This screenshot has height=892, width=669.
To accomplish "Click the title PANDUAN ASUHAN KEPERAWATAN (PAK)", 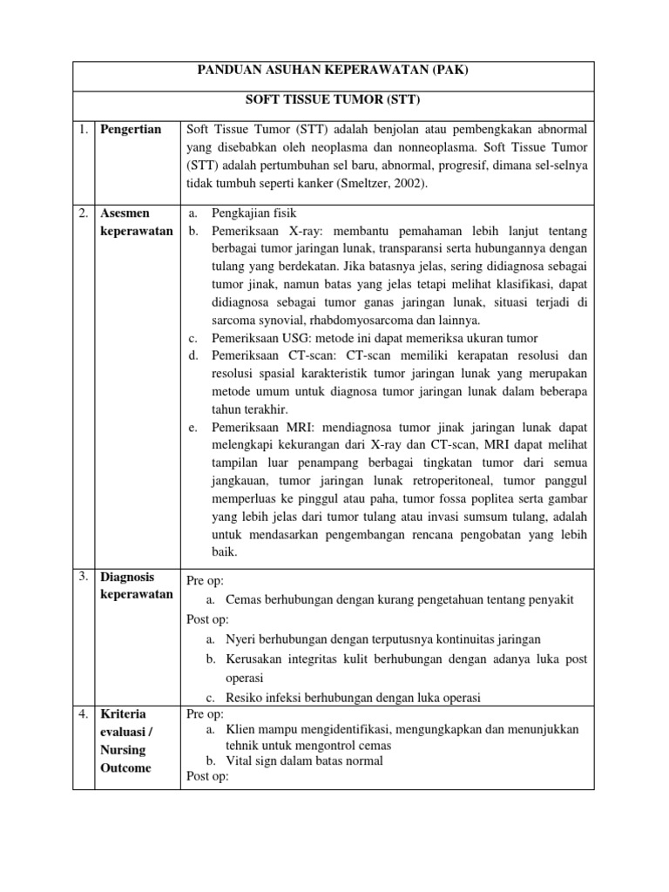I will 333,71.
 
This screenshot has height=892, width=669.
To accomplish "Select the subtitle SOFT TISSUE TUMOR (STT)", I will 333,100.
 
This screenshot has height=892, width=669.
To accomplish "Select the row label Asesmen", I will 125,213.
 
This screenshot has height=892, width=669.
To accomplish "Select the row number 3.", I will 82,577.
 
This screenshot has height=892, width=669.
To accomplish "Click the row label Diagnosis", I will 127,577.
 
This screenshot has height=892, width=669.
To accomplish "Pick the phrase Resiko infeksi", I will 263,697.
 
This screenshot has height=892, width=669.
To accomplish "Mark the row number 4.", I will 82,714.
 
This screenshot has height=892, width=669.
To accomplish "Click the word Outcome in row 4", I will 125,767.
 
